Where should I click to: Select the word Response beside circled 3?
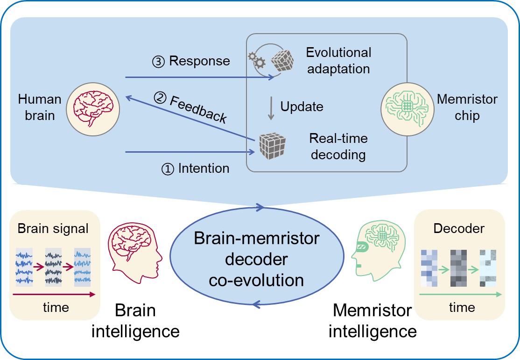click(199, 61)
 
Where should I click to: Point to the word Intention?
click(204, 168)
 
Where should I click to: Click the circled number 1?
click(167, 169)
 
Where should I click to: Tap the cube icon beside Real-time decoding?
click(271, 145)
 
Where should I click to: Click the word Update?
click(302, 106)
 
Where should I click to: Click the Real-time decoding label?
click(338, 146)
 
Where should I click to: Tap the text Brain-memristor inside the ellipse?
click(257, 239)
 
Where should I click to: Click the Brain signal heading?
click(53, 229)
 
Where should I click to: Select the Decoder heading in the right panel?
click(459, 229)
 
